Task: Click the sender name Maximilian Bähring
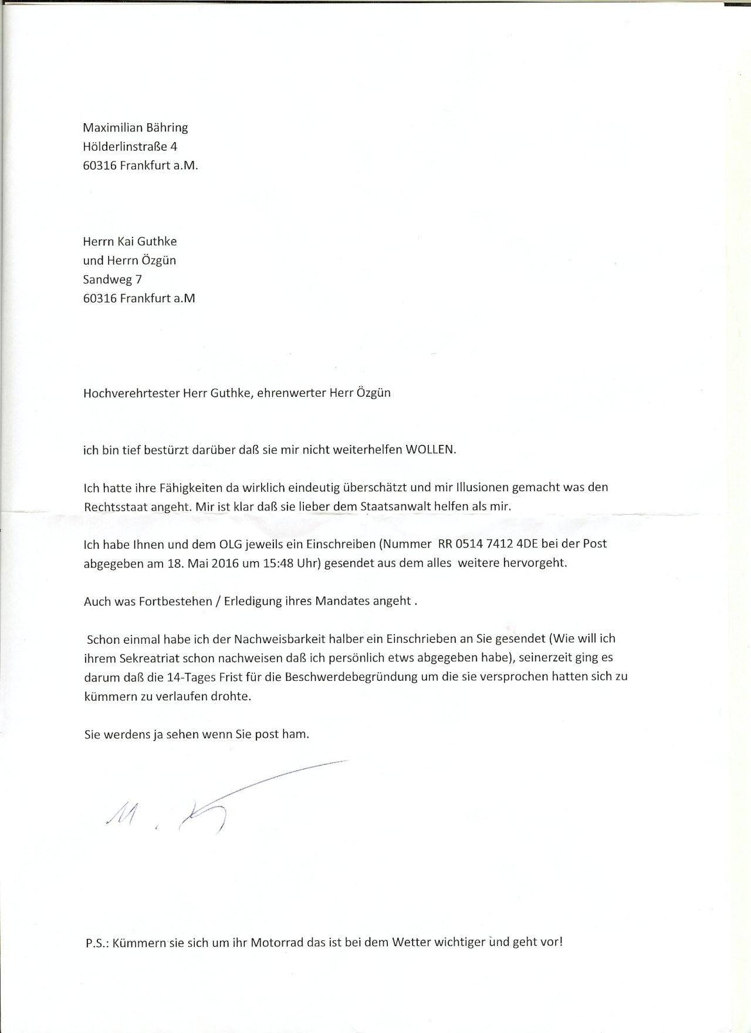tap(135, 128)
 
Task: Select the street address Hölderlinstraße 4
tap(130, 147)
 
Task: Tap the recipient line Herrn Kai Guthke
tap(130, 241)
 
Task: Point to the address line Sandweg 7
tap(112, 279)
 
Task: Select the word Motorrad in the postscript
tap(278, 943)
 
